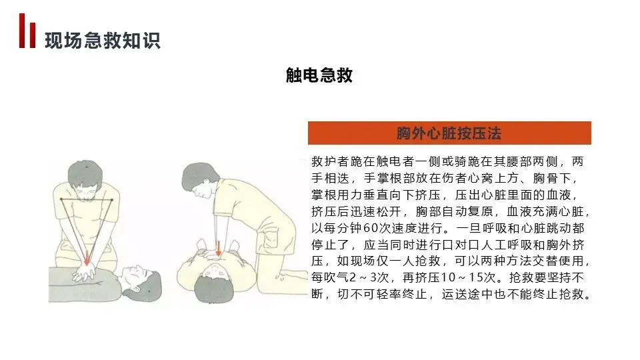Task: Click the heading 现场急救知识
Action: pos(103,41)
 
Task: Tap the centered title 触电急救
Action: pos(319,75)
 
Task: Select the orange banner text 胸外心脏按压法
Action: pos(449,133)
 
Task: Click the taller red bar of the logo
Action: pos(22,31)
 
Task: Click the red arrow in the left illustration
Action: pos(87,259)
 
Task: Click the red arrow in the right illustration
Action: pos(219,248)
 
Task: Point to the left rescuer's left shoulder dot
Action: pos(111,200)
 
